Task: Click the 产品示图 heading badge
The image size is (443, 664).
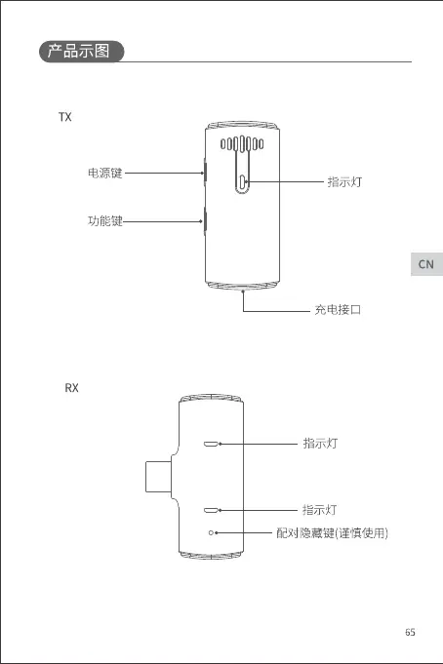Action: click(x=81, y=52)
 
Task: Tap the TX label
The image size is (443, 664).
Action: click(x=64, y=117)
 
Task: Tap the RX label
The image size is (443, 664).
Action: click(x=71, y=388)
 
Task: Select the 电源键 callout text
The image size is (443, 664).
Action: click(x=105, y=173)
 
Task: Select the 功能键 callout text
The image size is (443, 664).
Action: click(x=105, y=221)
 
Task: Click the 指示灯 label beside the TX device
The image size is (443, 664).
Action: click(x=344, y=182)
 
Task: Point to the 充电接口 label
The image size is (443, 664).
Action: click(x=338, y=310)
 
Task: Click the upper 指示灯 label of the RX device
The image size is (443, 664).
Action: click(x=320, y=444)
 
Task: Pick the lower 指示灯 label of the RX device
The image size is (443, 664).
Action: click(x=320, y=510)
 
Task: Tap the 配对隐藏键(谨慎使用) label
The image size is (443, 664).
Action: click(x=332, y=532)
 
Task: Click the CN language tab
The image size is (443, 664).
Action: click(x=426, y=264)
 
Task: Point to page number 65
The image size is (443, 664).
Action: click(x=410, y=632)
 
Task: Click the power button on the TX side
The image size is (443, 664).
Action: click(x=205, y=173)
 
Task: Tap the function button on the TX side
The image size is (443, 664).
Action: click(x=205, y=220)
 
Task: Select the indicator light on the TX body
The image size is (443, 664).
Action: click(x=243, y=182)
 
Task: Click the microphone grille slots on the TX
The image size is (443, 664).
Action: click(x=242, y=144)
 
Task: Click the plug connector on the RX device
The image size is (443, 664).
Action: click(x=158, y=477)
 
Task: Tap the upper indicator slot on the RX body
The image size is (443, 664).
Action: click(x=211, y=444)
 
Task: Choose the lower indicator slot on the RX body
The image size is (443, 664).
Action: click(x=211, y=510)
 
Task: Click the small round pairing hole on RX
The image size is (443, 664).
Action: click(x=211, y=532)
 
